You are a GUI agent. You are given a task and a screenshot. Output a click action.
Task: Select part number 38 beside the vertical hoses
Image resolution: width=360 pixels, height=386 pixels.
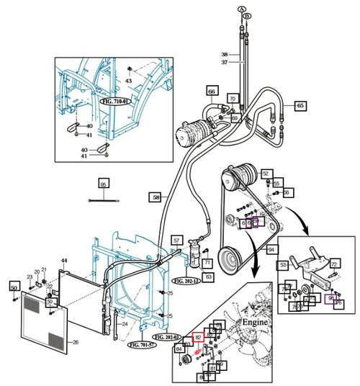[224, 55]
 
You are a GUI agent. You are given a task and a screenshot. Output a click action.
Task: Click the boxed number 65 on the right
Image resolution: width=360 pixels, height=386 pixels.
[300, 106]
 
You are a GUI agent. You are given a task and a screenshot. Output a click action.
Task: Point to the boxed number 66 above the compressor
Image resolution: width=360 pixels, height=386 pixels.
[212, 91]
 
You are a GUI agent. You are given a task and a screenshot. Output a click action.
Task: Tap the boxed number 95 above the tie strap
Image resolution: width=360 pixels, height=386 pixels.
[103, 184]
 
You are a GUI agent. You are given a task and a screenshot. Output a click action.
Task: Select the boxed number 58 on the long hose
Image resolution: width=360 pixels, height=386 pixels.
[155, 196]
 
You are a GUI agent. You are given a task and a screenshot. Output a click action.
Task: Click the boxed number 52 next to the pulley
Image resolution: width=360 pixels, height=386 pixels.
[266, 174]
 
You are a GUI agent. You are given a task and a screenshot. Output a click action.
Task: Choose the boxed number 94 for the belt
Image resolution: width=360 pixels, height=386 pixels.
[271, 249]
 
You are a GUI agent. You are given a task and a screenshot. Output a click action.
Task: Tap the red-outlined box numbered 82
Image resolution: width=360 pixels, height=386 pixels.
[198, 336]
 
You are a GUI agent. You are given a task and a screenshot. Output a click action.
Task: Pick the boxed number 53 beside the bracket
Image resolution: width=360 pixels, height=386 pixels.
[283, 266]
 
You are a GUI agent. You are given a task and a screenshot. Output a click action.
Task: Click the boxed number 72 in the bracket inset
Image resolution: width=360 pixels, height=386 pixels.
[334, 265]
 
